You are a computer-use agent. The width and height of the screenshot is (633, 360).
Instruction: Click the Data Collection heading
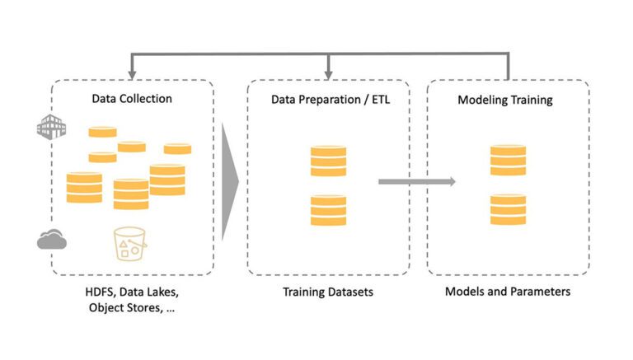point(132,99)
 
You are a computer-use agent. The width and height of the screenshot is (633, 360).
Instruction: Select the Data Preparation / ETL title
point(331,100)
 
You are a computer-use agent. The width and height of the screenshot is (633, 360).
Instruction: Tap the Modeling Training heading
point(505,100)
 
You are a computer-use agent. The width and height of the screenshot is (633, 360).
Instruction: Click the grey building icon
point(51,127)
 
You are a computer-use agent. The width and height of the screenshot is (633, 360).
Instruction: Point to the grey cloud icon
point(52,240)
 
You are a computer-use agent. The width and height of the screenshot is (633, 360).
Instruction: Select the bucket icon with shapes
point(130,244)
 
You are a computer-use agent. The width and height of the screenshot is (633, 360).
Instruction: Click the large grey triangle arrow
point(230,182)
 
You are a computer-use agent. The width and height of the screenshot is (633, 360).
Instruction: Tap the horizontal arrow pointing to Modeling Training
point(417,181)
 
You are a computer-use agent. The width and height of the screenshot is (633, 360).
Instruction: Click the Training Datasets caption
point(328,292)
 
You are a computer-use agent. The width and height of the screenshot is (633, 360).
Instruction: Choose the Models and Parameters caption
point(508,292)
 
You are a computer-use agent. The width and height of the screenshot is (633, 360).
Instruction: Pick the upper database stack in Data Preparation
point(328,161)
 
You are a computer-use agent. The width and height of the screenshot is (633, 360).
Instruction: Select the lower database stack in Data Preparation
point(328,210)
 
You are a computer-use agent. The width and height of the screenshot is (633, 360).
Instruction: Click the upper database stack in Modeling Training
point(508,160)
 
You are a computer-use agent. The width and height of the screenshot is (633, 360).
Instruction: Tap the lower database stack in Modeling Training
point(508,209)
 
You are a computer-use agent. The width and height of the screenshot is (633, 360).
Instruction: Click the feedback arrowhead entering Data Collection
point(132,75)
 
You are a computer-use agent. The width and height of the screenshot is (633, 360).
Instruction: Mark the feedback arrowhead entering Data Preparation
point(329,75)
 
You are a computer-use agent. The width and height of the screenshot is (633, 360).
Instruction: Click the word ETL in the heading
point(381,100)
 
